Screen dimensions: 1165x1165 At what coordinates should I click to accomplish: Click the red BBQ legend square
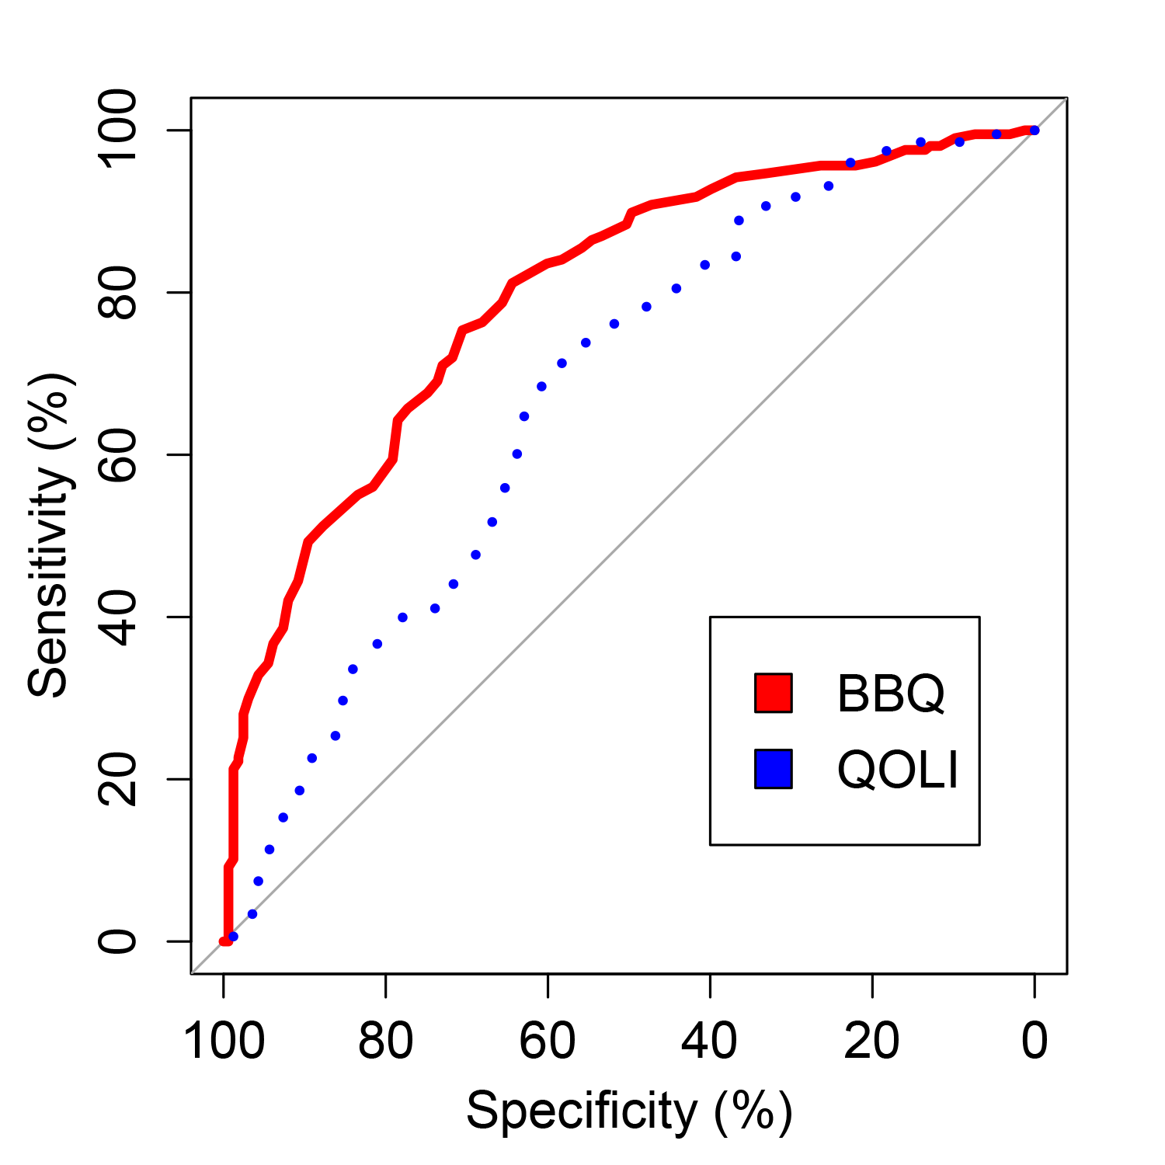pos(774,693)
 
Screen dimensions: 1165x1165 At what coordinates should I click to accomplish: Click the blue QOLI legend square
pos(774,769)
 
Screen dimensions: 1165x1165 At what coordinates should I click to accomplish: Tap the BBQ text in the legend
pos(891,694)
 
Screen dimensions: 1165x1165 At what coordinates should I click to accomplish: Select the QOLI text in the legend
pos(898,770)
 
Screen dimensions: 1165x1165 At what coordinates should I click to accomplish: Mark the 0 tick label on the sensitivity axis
pos(117,941)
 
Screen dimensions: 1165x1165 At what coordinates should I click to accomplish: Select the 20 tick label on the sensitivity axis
pos(117,779)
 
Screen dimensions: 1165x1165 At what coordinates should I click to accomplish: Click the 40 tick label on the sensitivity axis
pos(117,617)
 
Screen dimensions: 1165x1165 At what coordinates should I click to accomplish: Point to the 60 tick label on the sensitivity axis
pos(117,454)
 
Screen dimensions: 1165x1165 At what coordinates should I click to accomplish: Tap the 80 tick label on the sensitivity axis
pos(117,293)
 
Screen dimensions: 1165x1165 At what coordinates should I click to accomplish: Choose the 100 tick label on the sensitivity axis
pos(117,130)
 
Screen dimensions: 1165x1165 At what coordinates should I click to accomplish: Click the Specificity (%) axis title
pos(629,1111)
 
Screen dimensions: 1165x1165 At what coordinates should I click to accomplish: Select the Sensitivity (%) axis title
pos(50,535)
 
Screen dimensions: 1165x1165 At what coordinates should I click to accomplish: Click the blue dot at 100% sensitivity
pos(1035,130)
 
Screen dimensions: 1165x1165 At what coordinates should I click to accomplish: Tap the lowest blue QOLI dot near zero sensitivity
pos(233,937)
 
